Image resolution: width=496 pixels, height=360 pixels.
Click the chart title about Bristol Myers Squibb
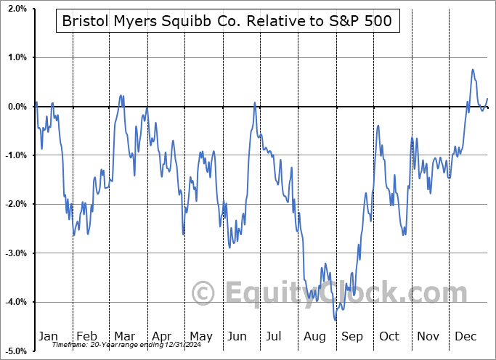coord(227,21)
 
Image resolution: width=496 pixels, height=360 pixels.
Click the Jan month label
coord(48,336)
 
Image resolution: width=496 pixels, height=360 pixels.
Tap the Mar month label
coord(124,336)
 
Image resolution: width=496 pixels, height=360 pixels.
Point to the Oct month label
coord(389,336)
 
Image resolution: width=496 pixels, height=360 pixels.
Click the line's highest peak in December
coord(473,70)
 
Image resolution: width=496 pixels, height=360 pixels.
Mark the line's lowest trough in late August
coord(336,320)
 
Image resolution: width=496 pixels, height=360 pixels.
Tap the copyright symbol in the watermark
coord(204,294)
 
